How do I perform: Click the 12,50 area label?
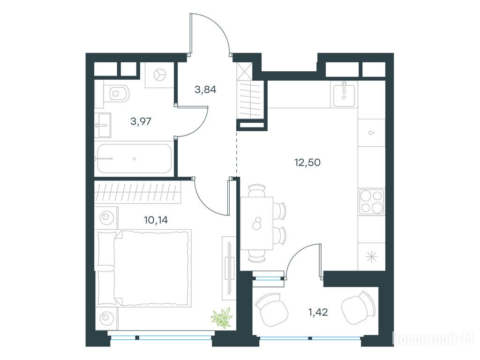pyautogui.click(x=307, y=162)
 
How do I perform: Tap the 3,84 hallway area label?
pyautogui.click(x=205, y=90)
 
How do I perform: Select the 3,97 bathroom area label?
pyautogui.click(x=141, y=121)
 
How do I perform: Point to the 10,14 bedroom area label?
pyautogui.click(x=156, y=220)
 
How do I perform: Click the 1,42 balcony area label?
pyautogui.click(x=318, y=313)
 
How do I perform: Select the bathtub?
pyautogui.click(x=135, y=158)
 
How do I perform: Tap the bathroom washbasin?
pyautogui.click(x=103, y=125)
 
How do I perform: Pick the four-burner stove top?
pyautogui.click(x=372, y=202)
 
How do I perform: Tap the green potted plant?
pyautogui.click(x=221, y=318)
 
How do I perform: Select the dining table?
pyautogui.click(x=256, y=223)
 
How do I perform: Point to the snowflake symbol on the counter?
pyautogui.click(x=372, y=256)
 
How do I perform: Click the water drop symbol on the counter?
pyautogui.click(x=372, y=133)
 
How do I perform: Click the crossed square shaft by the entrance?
pyautogui.click(x=245, y=71)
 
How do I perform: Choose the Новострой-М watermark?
pyautogui.click(x=433, y=338)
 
